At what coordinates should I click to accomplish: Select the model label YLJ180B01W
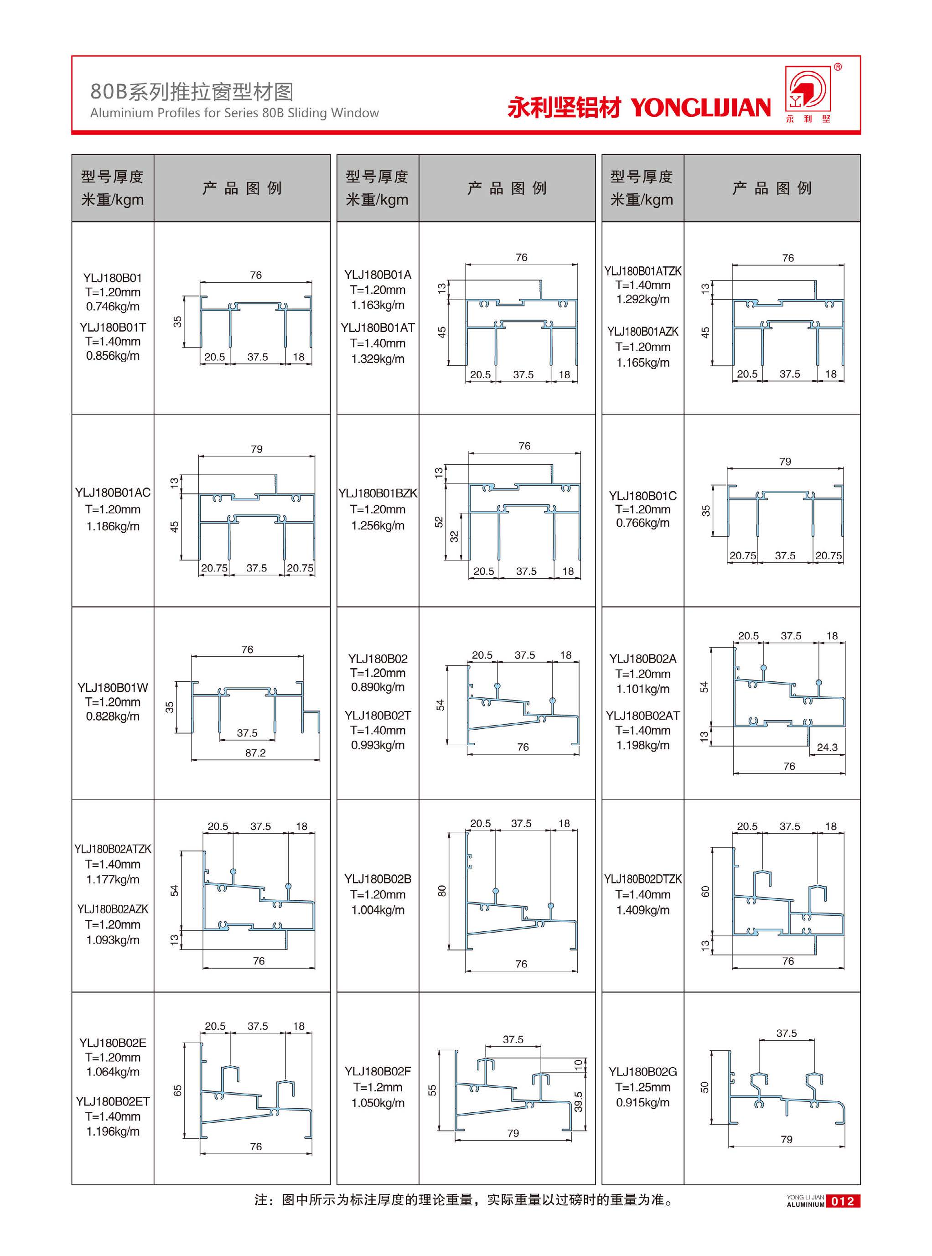coord(113,687)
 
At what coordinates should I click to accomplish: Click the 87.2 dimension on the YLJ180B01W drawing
coord(255,753)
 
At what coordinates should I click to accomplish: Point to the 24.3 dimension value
coord(827,747)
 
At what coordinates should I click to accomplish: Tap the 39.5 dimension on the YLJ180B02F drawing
coord(578,1101)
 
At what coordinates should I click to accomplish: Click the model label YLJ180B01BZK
coord(378,493)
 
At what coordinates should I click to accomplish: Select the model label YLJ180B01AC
coord(113,493)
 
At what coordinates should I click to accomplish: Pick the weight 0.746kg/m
coord(113,306)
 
